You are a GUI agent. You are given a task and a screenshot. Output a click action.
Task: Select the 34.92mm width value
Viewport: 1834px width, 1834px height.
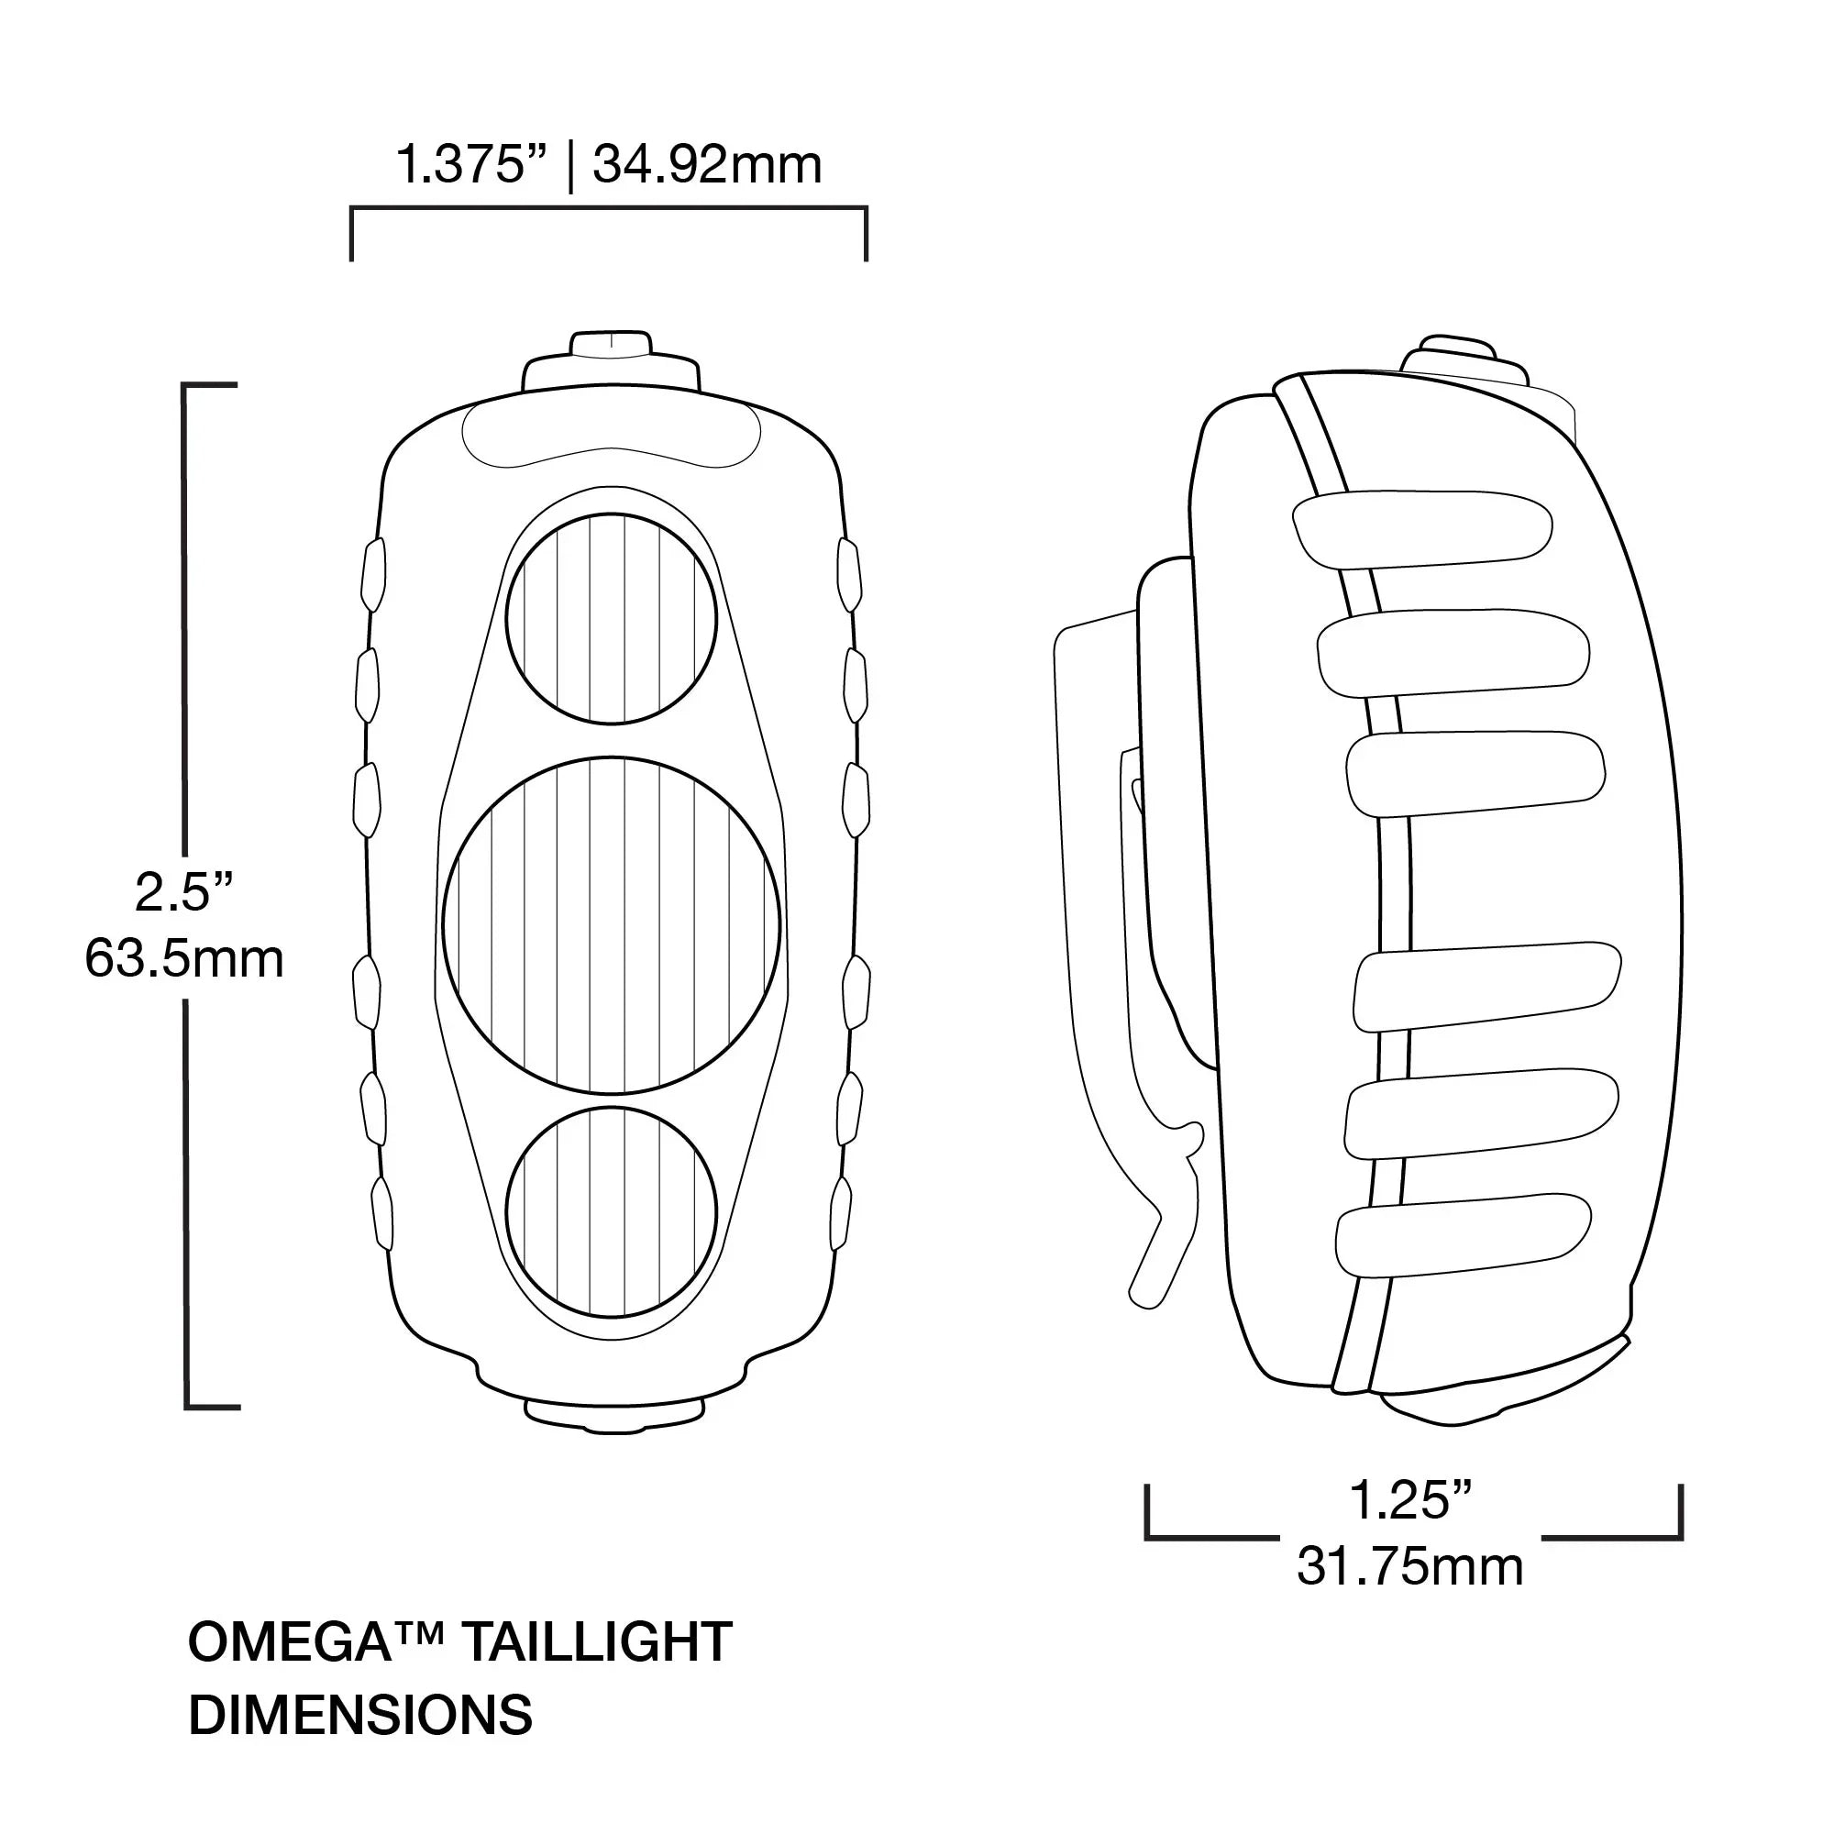point(707,165)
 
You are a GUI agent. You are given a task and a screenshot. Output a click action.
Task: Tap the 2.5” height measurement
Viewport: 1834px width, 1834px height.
point(184,891)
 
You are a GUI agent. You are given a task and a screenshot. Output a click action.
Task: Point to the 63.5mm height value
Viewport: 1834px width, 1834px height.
point(184,959)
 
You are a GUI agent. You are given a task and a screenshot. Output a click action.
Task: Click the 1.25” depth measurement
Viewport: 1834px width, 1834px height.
point(1409,1500)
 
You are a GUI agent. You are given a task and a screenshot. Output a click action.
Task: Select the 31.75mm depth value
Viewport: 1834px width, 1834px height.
point(1409,1566)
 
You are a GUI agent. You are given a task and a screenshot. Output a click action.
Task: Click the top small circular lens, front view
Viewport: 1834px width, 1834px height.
point(612,619)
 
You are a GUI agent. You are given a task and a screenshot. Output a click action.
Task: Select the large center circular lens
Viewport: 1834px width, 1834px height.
point(612,925)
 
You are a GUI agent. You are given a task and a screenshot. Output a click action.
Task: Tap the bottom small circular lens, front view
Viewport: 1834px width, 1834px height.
point(612,1212)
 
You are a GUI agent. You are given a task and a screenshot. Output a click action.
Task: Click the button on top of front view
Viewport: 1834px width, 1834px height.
point(612,360)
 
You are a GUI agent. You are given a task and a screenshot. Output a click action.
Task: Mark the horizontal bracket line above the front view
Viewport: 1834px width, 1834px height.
point(608,208)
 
